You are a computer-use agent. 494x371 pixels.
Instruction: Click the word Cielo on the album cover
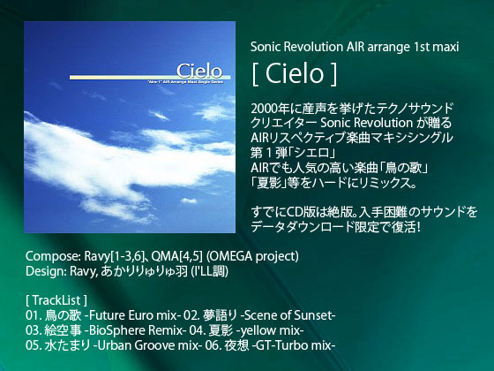pyautogui.click(x=199, y=71)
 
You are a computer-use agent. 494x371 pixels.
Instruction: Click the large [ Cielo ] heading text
pyautogui.click(x=295, y=74)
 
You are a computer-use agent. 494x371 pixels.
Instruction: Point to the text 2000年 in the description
pyautogui.click(x=270, y=108)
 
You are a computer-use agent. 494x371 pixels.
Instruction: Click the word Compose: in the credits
pyautogui.click(x=53, y=256)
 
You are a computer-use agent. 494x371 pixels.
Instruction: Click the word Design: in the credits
pyautogui.click(x=46, y=271)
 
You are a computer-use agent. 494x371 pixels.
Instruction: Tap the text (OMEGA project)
pyautogui.click(x=252, y=256)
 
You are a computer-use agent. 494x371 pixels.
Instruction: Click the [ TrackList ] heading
pyautogui.click(x=56, y=300)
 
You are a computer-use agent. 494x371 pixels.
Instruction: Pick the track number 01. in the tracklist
pyautogui.click(x=34, y=315)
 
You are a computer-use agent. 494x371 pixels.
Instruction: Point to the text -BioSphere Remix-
pyautogui.click(x=135, y=330)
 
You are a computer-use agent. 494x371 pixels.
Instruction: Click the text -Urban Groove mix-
pyautogui.click(x=146, y=345)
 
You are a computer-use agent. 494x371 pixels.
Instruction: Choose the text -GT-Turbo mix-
pyautogui.click(x=293, y=345)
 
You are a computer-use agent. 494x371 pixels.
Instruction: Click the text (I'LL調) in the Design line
pyautogui.click(x=210, y=271)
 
